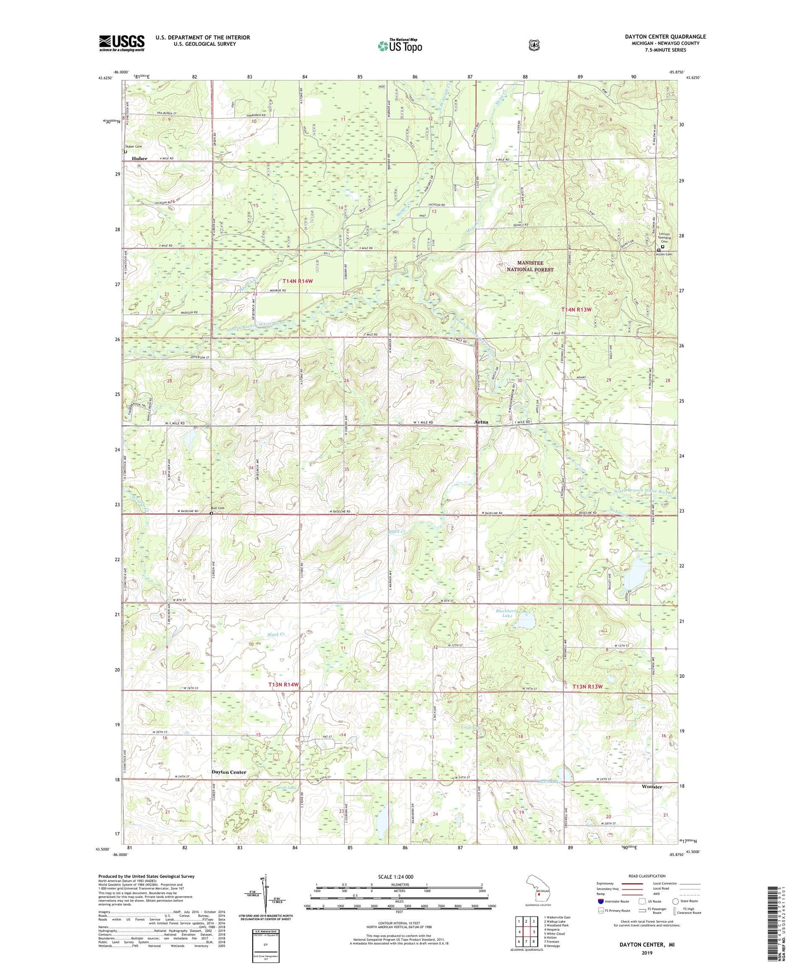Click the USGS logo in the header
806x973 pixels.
122,43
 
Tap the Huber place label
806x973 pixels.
139,158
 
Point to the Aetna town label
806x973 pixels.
481,422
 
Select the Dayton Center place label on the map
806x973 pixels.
229,772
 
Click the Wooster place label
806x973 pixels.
651,786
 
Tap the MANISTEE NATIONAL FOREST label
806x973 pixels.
530,266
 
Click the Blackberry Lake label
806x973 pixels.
507,613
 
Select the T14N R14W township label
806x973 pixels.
297,281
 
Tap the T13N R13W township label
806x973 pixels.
587,687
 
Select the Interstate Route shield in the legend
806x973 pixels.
600,901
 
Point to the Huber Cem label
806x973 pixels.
133,147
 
